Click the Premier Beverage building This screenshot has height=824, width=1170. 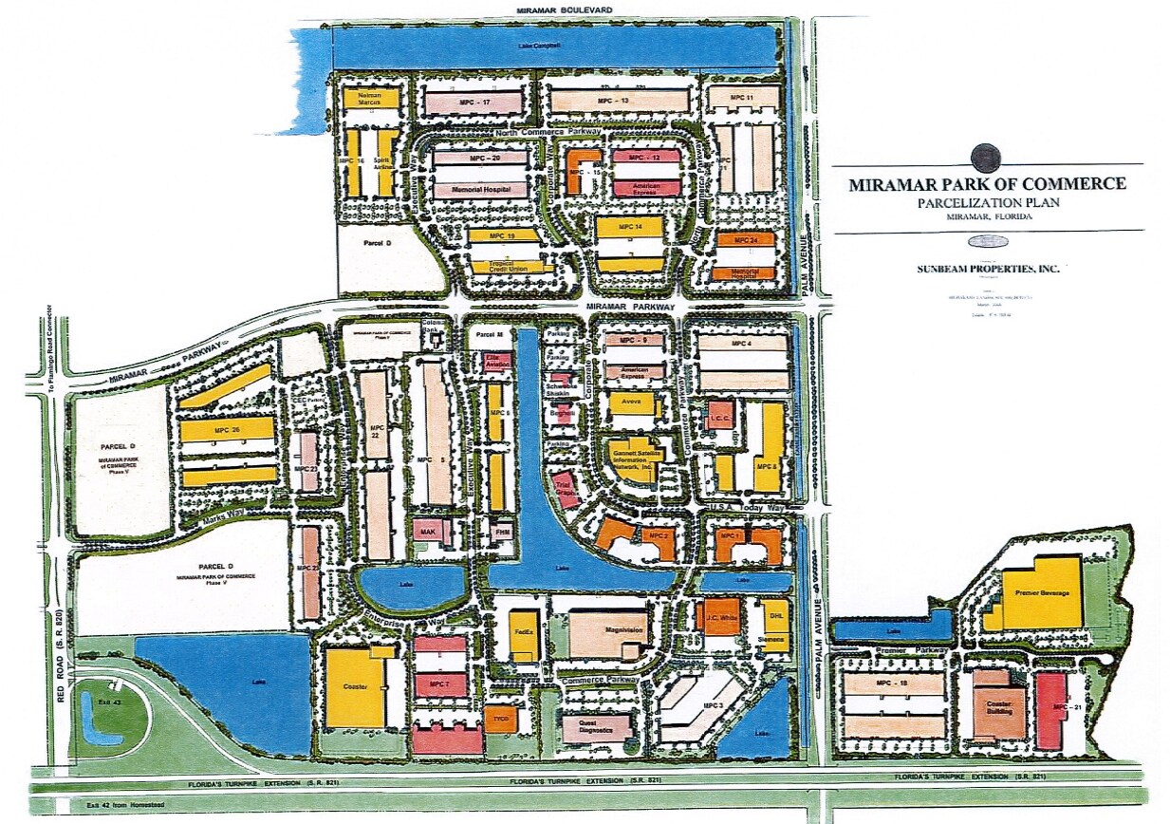(1041, 592)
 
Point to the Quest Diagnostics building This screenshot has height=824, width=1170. (596, 727)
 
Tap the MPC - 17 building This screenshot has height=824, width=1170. (473, 101)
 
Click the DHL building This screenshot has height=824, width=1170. (775, 616)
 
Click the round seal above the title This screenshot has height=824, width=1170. (986, 156)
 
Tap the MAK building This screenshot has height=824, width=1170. (428, 533)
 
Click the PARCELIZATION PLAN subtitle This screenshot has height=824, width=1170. (987, 202)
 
